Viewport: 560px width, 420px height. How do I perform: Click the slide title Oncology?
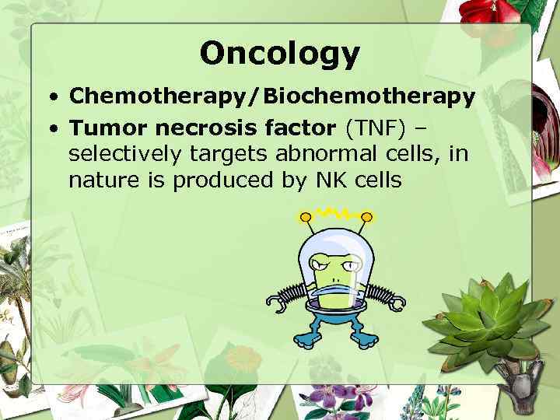tap(280, 54)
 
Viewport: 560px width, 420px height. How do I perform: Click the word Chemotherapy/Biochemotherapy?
tap(271, 96)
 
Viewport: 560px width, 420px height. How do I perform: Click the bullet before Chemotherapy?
tap(51, 96)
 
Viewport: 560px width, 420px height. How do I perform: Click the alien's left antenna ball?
tap(306, 215)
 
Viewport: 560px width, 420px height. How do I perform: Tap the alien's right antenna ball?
tap(367, 216)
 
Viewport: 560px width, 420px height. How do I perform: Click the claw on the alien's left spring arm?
tap(275, 299)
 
